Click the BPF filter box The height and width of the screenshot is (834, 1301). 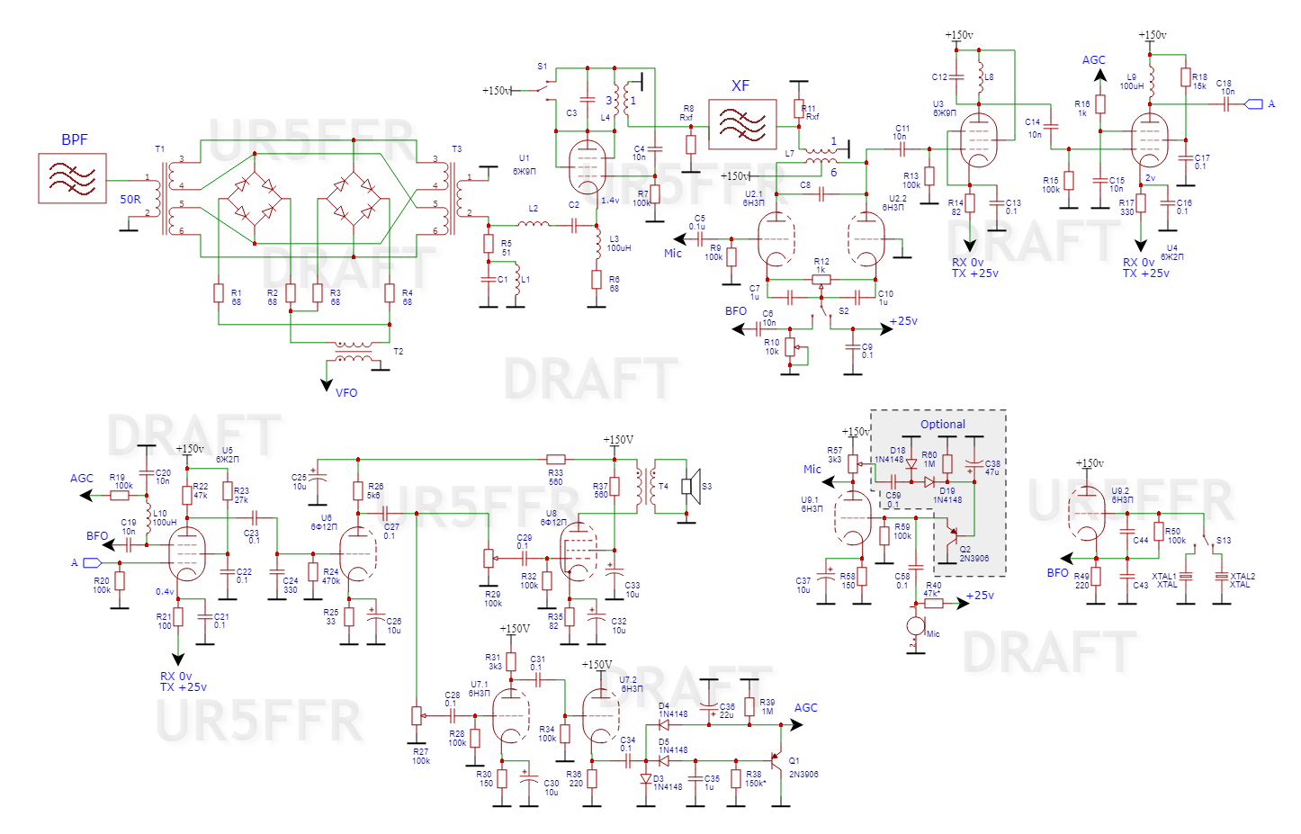pos(72,178)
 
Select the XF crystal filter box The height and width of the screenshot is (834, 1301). pos(742,124)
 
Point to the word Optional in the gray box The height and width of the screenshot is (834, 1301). pos(942,425)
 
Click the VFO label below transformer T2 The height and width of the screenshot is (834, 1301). pos(346,393)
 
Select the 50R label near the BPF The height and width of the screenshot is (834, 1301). pos(130,200)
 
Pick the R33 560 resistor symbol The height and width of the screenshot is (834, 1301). pos(556,460)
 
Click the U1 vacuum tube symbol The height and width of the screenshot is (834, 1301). pos(588,167)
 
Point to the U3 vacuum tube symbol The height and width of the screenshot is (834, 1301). pos(978,140)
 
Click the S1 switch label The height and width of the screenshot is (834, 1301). pos(542,67)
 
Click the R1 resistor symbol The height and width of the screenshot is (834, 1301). pos(219,292)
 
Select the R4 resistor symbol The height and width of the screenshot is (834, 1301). pos(390,292)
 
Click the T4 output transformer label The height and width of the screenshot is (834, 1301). pos(663,487)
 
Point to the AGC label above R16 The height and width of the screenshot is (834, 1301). pos(1093,60)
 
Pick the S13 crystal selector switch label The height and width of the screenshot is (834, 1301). pos(1224,541)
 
